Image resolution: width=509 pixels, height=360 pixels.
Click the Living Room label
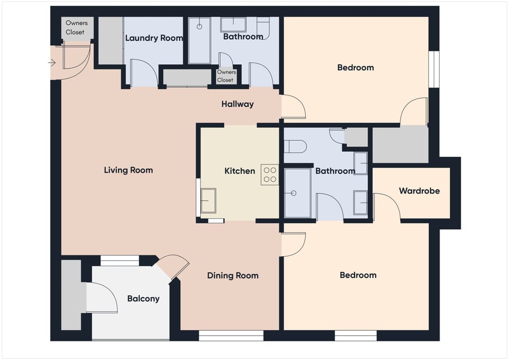128,170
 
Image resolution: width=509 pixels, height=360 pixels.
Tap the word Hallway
238,104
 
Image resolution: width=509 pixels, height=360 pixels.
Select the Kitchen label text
240,171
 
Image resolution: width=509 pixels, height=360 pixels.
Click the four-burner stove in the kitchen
270,174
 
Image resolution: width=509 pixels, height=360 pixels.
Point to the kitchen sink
208,200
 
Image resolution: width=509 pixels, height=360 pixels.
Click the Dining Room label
233,276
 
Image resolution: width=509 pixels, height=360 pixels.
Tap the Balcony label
143,298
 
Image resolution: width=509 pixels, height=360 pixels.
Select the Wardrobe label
419,190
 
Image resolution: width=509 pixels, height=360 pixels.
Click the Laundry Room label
154,38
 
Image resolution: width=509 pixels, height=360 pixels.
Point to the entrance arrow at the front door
51,63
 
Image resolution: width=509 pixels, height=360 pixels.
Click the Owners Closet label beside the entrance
76,28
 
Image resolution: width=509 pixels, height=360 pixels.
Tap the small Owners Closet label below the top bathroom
226,76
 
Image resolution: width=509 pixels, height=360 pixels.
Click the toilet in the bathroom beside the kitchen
295,146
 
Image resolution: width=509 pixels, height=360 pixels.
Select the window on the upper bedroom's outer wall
434,69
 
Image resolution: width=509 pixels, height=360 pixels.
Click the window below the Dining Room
231,336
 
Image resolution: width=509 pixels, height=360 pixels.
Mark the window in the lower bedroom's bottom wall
355,336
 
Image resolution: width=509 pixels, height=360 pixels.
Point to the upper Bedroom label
355,67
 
